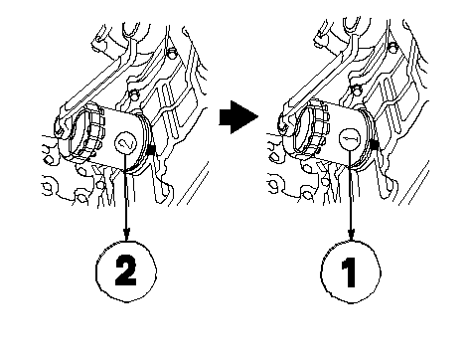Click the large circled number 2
(x=126, y=271)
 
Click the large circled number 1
(x=351, y=271)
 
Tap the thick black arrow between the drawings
(x=238, y=117)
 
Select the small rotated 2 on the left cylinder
(x=125, y=143)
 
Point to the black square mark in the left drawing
(x=150, y=150)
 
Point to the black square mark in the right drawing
(x=375, y=144)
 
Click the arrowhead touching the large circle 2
(x=126, y=234)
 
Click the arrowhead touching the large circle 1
(x=351, y=234)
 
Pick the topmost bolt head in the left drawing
(x=172, y=52)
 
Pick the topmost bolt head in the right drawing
(x=393, y=48)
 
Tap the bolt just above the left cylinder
(x=134, y=95)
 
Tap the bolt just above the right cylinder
(x=356, y=90)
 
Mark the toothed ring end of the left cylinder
(x=86, y=130)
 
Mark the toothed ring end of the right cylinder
(x=311, y=126)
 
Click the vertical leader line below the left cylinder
(x=126, y=192)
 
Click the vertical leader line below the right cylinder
(x=351, y=189)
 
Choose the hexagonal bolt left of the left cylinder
(x=49, y=160)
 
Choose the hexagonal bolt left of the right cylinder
(x=274, y=157)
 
